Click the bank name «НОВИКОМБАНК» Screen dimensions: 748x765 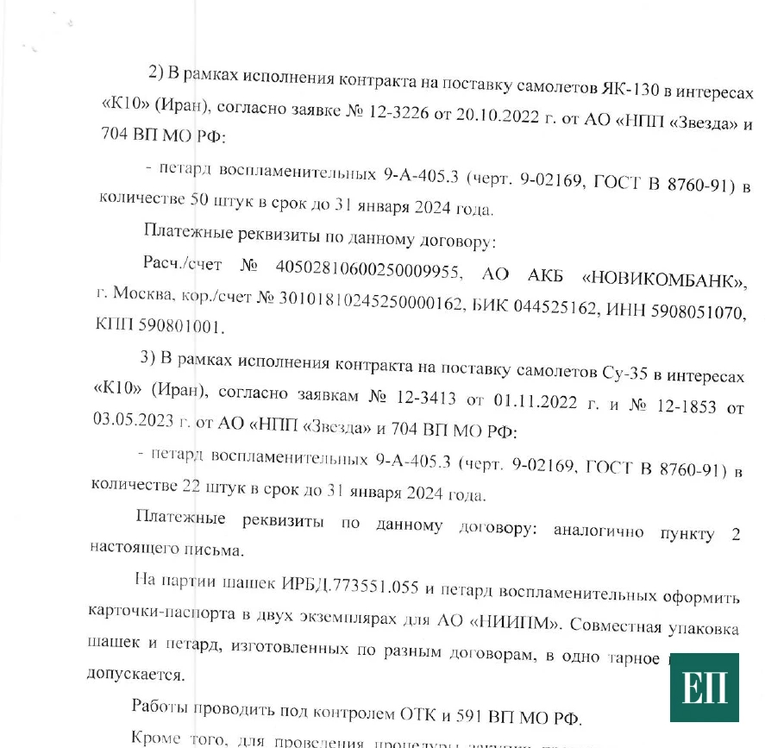(664, 278)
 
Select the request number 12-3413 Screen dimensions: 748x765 (423, 397)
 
